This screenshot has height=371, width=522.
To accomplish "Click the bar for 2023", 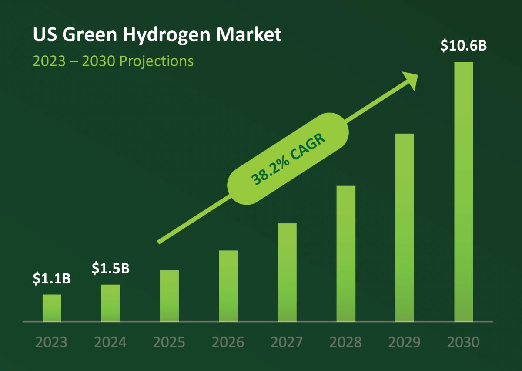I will tap(52, 308).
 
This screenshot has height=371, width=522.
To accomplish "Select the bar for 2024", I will tap(110, 304).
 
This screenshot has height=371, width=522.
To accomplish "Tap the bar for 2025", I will tap(169, 296).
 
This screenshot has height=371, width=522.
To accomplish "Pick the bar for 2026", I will tap(228, 286).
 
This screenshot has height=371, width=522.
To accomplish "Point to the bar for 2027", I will tap(287, 273).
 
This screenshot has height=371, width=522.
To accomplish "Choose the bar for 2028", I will tap(346, 254).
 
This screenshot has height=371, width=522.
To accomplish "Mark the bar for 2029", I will tap(405, 228).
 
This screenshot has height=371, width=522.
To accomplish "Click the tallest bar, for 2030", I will tap(463, 192).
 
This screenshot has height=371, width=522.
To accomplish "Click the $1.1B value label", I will tap(52, 279).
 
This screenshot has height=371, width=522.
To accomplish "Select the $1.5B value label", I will tap(110, 269).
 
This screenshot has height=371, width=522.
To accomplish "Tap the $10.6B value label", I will tap(463, 46).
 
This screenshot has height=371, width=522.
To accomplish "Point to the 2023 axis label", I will tap(52, 342).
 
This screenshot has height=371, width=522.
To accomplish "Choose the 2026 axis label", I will tap(228, 342).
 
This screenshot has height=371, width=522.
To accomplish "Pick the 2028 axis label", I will tap(346, 342).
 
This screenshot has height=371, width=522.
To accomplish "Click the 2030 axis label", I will tap(463, 342).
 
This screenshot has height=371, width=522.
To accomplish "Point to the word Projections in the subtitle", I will tap(156, 61).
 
